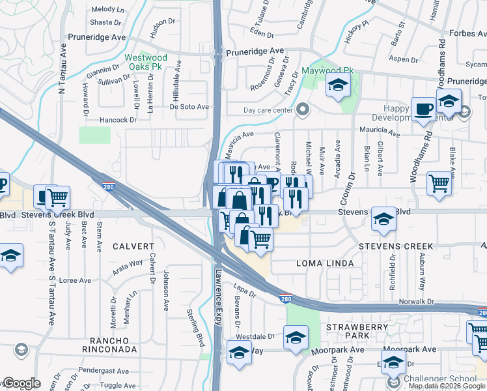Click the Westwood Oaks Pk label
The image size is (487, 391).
point(146,62)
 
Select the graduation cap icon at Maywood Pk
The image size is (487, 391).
point(338,85)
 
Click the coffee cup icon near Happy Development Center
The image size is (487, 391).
point(423,109)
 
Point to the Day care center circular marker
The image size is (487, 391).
point(301,110)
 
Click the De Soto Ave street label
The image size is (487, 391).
point(189,106)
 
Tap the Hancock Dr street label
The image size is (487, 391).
point(118,120)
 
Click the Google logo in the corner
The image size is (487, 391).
point(21,384)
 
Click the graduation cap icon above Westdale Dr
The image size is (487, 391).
point(296,337)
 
